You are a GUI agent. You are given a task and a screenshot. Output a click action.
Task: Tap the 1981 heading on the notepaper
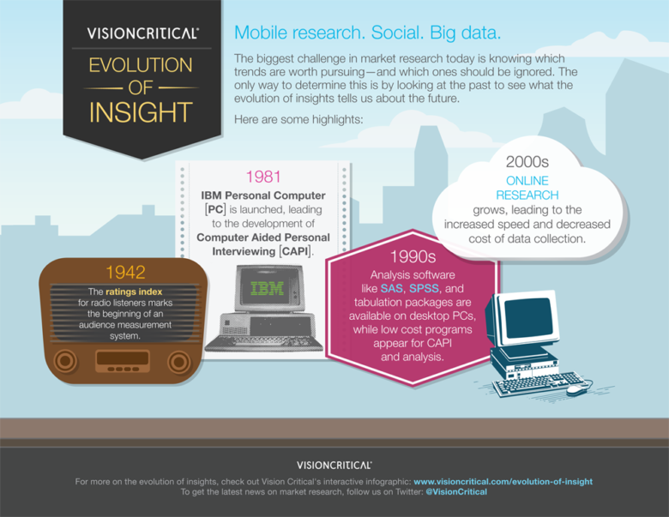click(262, 177)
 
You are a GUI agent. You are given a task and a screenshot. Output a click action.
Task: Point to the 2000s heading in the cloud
click(527, 161)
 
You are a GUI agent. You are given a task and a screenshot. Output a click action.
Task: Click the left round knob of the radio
click(65, 361)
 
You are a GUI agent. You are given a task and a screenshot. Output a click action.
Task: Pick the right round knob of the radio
click(179, 361)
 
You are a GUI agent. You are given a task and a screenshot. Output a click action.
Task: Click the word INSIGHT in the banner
click(142, 112)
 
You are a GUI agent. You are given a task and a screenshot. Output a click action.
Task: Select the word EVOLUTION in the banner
click(142, 65)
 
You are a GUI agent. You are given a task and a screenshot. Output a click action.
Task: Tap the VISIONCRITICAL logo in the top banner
click(142, 33)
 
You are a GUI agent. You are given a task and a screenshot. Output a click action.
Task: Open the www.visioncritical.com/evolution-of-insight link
click(503, 482)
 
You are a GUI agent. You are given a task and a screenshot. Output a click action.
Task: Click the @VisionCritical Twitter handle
click(456, 492)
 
